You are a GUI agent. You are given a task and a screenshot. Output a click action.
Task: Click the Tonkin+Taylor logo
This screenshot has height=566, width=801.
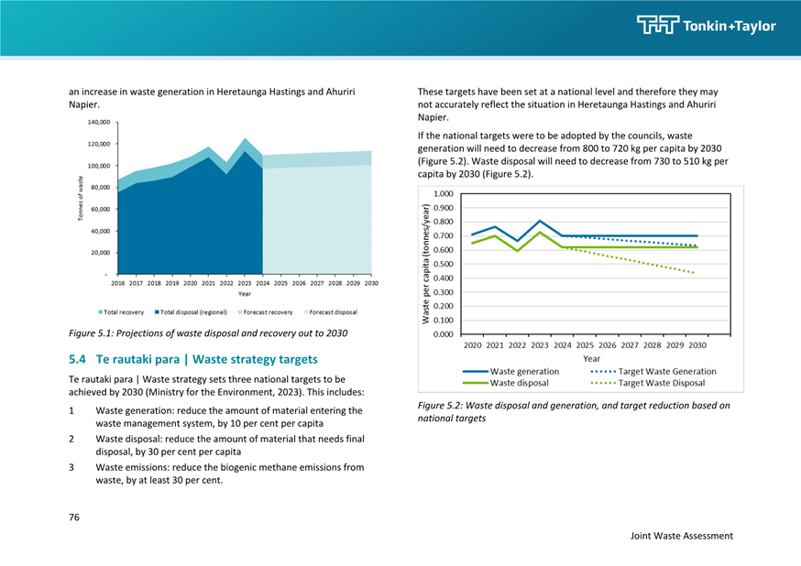[707, 25]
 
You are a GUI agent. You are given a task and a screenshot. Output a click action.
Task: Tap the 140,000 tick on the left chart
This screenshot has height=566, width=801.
[99, 123]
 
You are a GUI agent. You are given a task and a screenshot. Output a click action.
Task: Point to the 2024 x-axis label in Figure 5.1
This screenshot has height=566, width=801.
[263, 283]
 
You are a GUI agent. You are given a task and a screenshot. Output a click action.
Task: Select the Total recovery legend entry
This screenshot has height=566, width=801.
[121, 311]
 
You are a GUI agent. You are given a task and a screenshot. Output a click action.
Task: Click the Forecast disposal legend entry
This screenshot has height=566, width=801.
[331, 311]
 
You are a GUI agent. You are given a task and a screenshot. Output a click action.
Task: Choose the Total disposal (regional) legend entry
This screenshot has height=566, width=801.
[191, 311]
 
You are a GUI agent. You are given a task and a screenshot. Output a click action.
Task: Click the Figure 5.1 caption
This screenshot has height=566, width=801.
[208, 333]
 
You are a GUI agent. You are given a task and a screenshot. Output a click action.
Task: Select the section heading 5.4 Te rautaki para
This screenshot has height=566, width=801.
[193, 359]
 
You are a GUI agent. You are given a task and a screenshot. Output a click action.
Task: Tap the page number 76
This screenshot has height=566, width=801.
[74, 517]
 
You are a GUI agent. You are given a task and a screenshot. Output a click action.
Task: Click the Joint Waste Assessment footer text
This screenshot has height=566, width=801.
[682, 536]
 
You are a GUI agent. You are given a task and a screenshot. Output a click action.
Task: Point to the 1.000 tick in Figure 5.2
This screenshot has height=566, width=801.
[443, 194]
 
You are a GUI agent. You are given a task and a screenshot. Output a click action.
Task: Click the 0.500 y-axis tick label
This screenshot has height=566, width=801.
[443, 264]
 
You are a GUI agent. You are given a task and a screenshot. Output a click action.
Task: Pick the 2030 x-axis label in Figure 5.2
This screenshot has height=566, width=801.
[697, 345]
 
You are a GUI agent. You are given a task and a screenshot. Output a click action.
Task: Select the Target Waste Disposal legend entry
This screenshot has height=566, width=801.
[648, 383]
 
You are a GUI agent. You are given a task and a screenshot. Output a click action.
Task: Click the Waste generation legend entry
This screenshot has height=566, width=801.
[510, 372]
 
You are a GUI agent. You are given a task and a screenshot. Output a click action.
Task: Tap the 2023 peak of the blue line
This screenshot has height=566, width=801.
[540, 221]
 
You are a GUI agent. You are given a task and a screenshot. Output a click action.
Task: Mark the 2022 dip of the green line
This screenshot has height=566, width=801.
[518, 251]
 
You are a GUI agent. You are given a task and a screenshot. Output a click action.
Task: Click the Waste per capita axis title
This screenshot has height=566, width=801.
[425, 264]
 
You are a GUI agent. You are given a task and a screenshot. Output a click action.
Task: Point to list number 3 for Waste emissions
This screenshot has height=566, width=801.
[71, 467]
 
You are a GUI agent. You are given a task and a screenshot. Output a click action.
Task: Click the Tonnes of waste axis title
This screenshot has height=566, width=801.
[81, 199]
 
